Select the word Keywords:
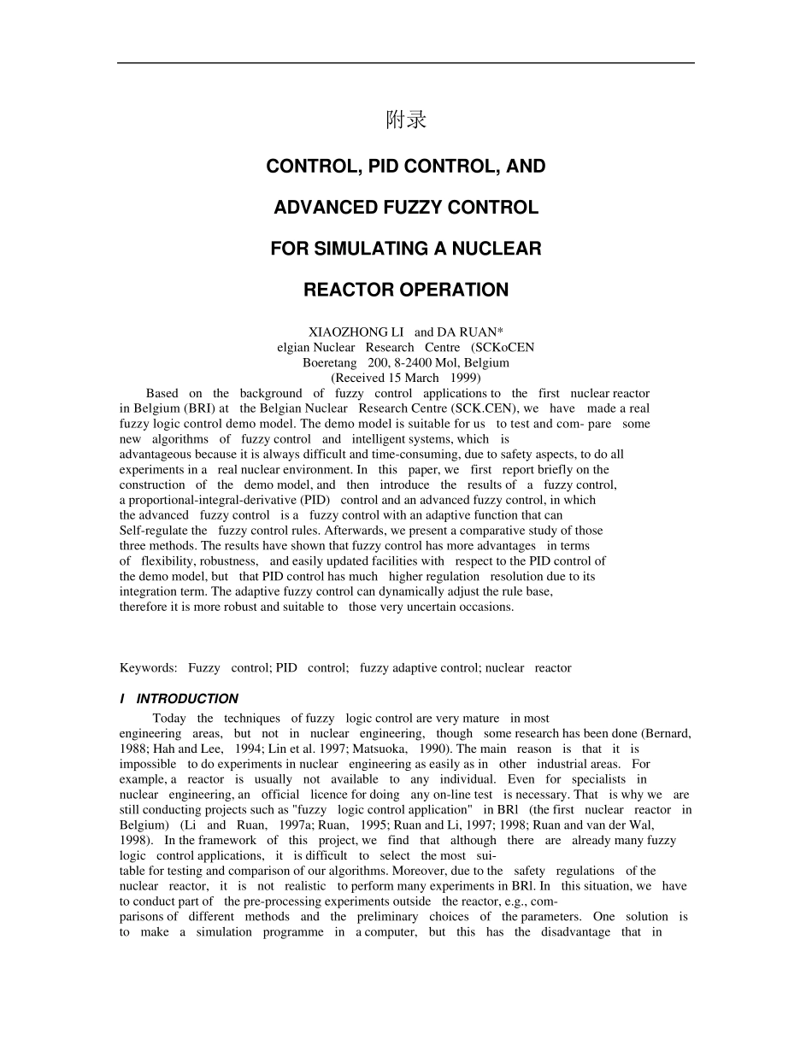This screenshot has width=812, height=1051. pos(149,668)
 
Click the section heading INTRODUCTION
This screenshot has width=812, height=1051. pos(187,699)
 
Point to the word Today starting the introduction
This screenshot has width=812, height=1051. pos(169,719)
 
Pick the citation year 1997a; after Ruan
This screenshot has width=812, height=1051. pos(297,825)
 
